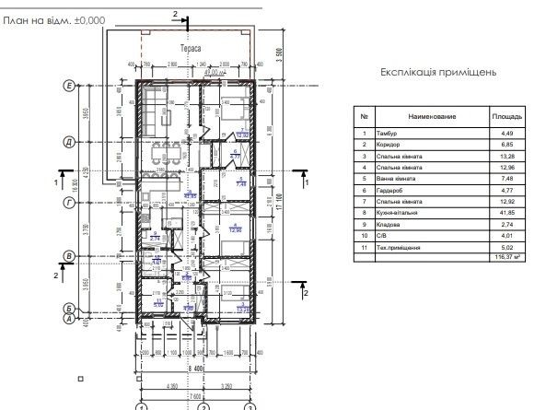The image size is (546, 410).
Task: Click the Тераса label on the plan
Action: pos(191,47)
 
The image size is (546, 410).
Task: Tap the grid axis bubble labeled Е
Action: pos(68,86)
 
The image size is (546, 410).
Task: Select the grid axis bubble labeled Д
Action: pos(68,142)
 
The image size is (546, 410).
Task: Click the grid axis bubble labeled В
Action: pos(68,256)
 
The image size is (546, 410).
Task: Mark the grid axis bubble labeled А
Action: pos(68,319)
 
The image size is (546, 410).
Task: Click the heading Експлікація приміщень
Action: pos(438,71)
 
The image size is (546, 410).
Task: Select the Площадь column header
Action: pos(506,118)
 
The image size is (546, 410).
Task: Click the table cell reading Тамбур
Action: pos(388,135)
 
